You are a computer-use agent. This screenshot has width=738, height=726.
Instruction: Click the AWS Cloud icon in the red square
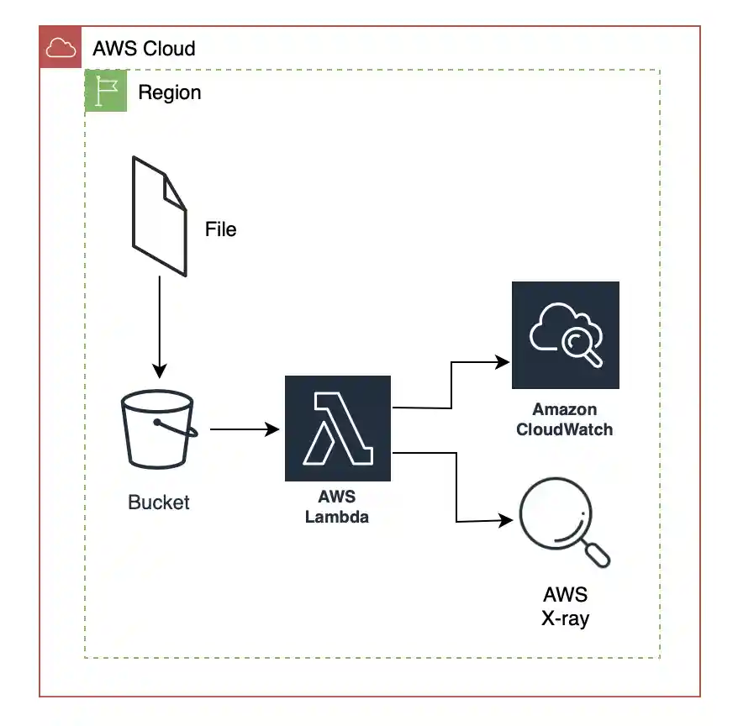(61, 48)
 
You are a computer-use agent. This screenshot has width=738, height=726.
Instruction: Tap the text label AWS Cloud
(144, 48)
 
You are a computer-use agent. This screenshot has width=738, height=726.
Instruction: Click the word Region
(170, 92)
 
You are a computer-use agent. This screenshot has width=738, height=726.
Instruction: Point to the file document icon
(159, 216)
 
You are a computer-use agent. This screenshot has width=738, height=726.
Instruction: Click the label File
(221, 229)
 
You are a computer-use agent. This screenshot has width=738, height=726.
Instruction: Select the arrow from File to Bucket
(159, 328)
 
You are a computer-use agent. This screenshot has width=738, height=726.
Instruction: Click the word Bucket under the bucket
(159, 502)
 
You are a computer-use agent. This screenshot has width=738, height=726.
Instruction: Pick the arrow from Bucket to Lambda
(244, 430)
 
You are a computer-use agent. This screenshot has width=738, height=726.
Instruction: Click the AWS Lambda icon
(338, 429)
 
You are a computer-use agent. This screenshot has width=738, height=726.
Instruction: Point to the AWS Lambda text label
(337, 508)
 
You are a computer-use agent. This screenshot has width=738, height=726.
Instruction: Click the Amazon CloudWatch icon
(566, 335)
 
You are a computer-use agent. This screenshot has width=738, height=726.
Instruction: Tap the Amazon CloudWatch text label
(565, 420)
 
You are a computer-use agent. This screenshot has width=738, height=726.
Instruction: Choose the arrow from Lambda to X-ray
(456, 487)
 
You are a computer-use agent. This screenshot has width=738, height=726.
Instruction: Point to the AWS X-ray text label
(566, 607)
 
